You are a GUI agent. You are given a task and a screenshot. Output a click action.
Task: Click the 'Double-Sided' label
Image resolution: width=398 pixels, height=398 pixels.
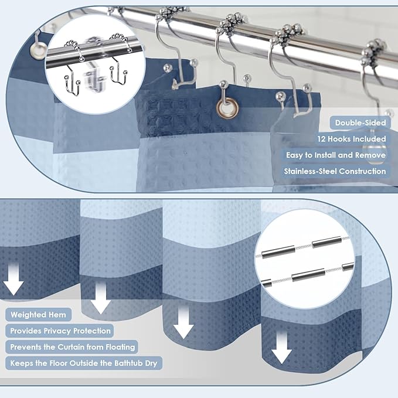point(360,123)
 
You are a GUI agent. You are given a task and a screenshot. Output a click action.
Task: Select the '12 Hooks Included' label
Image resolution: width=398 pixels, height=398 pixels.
point(352,139)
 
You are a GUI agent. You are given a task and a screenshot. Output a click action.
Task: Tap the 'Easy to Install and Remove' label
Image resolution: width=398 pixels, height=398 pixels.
point(336,155)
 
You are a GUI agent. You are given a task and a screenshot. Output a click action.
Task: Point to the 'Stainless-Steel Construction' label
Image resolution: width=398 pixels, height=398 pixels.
point(335,171)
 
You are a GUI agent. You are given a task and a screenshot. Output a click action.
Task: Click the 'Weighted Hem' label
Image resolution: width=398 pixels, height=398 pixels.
point(38,315)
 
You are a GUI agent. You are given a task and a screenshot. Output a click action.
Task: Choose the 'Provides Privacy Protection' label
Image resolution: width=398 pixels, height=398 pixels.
point(60,331)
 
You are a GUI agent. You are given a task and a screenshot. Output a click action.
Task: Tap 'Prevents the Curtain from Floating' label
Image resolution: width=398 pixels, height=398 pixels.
point(73,347)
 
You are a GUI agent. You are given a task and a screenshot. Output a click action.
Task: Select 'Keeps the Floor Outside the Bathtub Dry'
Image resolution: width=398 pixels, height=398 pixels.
point(84,363)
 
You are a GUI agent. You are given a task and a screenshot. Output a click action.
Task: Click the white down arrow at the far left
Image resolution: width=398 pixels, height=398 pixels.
point(13,278)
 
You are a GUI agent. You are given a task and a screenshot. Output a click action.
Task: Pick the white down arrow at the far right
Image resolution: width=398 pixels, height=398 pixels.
point(281,347)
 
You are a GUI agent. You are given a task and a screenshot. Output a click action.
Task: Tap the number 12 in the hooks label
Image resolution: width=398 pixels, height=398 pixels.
point(321,139)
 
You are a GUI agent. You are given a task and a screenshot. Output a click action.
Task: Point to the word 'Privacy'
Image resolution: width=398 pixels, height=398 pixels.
point(57,331)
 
